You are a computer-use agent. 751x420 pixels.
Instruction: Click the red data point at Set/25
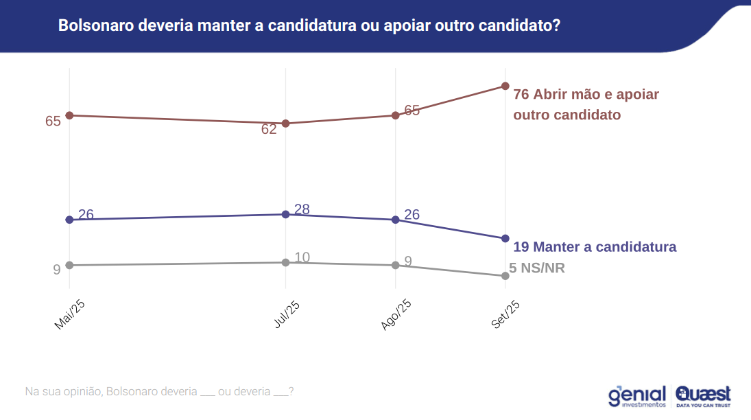click(505, 86)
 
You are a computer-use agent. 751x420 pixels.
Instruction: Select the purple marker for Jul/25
click(285, 214)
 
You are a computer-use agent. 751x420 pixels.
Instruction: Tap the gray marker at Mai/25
click(69, 265)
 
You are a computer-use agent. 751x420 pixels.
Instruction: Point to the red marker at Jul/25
click(285, 124)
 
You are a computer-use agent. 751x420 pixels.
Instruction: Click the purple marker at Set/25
click(505, 238)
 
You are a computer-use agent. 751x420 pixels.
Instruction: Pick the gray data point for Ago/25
click(395, 265)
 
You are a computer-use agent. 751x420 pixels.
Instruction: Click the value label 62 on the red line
click(269, 129)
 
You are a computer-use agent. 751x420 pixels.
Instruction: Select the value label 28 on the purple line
click(302, 209)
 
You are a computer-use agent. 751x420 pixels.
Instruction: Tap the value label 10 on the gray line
click(302, 257)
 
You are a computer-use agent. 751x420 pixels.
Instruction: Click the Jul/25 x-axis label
click(286, 314)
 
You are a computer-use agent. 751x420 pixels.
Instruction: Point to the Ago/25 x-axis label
click(396, 314)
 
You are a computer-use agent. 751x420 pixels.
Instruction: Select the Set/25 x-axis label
click(505, 314)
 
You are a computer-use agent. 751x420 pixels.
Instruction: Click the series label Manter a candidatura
click(604, 246)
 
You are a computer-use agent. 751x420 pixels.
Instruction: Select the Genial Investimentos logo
click(636, 396)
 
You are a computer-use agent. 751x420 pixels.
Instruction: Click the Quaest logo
click(703, 396)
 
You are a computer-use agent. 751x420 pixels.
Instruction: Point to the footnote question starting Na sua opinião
click(159, 391)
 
